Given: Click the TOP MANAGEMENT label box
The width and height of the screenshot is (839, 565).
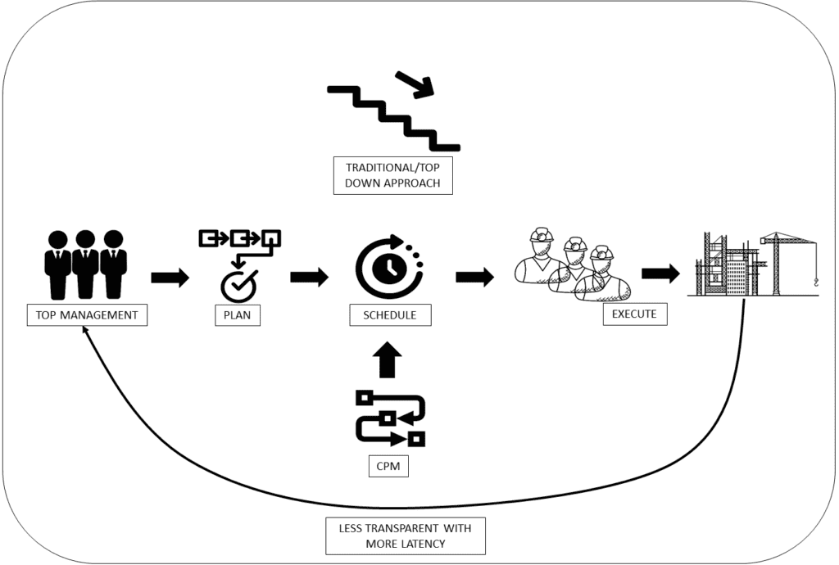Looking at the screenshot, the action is pyautogui.click(x=87, y=314).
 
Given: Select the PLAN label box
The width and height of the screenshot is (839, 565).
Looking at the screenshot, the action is pyautogui.click(x=237, y=314).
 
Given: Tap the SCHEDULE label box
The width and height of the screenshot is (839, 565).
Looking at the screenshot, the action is pyautogui.click(x=390, y=314).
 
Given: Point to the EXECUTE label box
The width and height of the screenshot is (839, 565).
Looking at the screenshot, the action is pyautogui.click(x=635, y=314).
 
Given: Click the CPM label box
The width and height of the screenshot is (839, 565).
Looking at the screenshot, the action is pyautogui.click(x=388, y=466).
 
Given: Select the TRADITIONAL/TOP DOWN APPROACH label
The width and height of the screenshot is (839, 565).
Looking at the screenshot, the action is pyautogui.click(x=392, y=175).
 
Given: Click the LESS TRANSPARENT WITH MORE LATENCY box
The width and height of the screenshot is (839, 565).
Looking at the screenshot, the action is pyautogui.click(x=406, y=536).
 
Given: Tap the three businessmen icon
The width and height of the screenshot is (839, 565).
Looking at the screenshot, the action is pyautogui.click(x=85, y=264).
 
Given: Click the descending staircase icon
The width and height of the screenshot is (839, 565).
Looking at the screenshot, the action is pyautogui.click(x=394, y=119).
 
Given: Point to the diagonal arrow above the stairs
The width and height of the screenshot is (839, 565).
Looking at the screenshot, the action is pyautogui.click(x=415, y=84).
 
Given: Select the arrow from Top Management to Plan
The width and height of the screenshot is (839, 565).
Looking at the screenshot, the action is pyautogui.click(x=170, y=278).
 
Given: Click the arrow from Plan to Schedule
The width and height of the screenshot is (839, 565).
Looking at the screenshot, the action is pyautogui.click(x=309, y=277).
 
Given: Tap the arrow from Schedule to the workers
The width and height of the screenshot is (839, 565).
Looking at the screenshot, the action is pyautogui.click(x=475, y=277).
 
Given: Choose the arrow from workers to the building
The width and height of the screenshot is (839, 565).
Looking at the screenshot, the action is pyautogui.click(x=661, y=273).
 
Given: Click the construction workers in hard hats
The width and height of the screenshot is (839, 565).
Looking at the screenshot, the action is pyautogui.click(x=573, y=264).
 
